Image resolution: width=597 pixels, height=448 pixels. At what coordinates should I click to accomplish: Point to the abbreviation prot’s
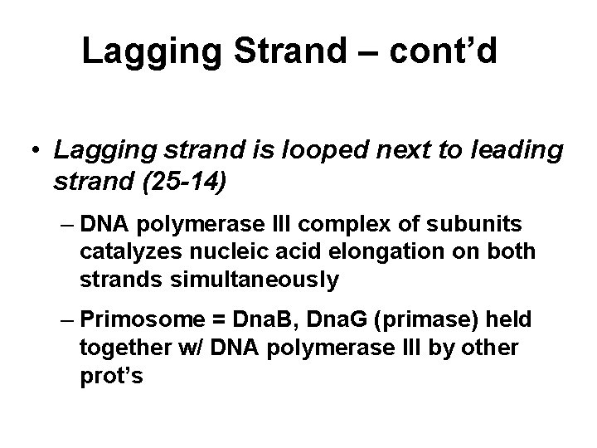coord(113,375)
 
